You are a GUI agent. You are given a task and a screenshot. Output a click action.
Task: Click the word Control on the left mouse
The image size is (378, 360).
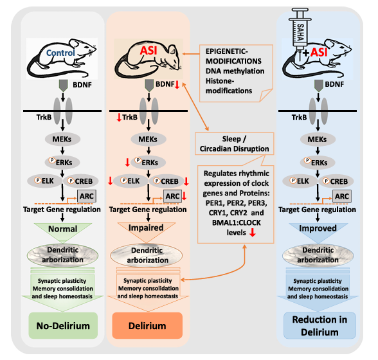pos(60,53)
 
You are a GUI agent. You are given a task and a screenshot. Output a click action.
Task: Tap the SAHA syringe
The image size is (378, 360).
pos(300,32)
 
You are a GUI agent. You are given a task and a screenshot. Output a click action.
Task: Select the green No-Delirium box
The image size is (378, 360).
pos(63,325)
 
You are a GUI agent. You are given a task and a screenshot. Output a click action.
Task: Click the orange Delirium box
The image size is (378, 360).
pos(147,325)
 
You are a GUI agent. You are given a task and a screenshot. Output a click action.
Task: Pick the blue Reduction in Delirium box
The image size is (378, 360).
pos(319,325)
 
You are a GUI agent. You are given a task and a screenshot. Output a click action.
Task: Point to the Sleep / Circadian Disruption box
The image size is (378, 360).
pos(234,144)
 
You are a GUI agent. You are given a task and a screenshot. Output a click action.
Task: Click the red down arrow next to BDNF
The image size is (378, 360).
pos(177,85)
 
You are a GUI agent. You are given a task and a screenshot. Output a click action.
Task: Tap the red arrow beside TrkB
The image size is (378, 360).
pos(119,118)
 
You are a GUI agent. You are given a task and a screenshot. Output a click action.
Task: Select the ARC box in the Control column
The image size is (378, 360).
pos(87,196)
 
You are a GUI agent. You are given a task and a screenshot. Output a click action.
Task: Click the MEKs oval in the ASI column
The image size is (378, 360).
pos(148,139)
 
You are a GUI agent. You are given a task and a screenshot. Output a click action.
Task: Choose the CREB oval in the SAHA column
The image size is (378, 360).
pos(336,181)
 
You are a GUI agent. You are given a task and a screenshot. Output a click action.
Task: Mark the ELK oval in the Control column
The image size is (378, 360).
pos(44,181)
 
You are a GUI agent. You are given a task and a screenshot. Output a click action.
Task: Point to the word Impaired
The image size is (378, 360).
pos(146,228)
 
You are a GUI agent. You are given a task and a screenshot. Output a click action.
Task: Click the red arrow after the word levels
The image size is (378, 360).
pos(253,233)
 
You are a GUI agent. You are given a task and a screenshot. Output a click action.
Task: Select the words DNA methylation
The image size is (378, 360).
pos(235,71)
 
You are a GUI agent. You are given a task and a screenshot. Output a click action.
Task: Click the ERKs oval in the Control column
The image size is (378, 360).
pos(62,162)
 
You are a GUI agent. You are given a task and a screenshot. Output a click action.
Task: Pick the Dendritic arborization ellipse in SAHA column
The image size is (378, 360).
pos(318,255)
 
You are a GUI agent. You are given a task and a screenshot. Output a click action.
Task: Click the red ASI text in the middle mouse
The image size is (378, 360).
pos(148,51)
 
